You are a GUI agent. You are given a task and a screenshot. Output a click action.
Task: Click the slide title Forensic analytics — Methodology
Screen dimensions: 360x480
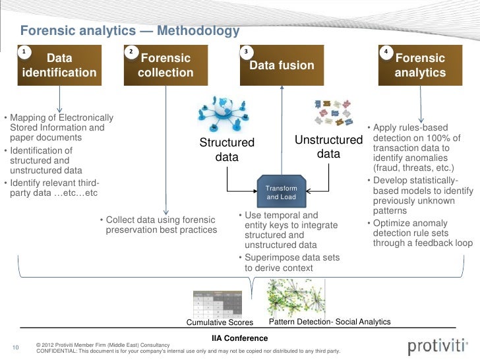(129, 32)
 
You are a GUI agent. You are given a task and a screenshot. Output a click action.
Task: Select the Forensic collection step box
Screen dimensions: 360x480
(165, 65)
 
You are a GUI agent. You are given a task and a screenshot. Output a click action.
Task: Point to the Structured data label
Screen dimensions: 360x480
(227, 150)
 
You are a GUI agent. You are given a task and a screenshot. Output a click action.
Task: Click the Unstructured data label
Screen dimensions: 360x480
(328, 148)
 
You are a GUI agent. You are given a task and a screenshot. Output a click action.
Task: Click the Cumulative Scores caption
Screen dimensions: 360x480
(220, 322)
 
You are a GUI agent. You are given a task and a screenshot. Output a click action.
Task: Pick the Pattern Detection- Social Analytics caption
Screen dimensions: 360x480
(330, 322)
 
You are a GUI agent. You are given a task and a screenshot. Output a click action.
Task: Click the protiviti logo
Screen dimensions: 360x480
(436, 347)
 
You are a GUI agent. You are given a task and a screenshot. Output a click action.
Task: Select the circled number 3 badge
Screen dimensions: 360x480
(246, 51)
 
